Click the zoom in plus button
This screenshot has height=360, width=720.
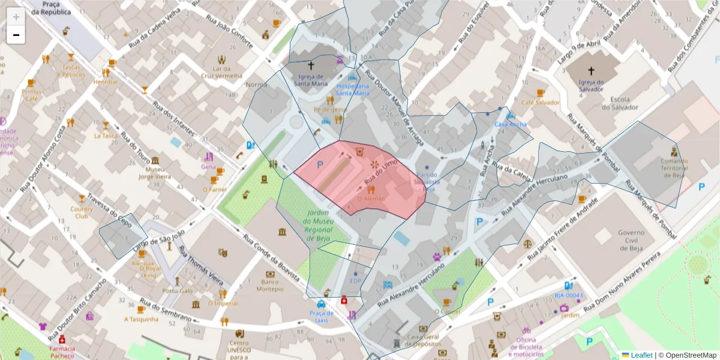click(16, 17)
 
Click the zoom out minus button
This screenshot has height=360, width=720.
click(16, 35)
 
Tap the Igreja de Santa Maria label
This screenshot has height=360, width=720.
click(311, 80)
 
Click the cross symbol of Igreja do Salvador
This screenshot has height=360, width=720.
click(591, 70)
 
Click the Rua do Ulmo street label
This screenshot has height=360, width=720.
click(382, 171)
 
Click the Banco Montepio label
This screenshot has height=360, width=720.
click(270, 285)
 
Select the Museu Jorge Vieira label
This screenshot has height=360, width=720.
click(155, 173)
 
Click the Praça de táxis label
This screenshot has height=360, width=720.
click(322, 317)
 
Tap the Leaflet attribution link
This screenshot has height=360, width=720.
click(641, 355)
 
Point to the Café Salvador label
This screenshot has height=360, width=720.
click(540, 103)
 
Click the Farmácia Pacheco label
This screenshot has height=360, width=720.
click(62, 352)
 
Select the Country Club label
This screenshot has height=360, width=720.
click(82, 212)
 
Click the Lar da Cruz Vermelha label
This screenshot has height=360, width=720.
click(222, 72)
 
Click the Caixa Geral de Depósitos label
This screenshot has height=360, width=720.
click(424, 340)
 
